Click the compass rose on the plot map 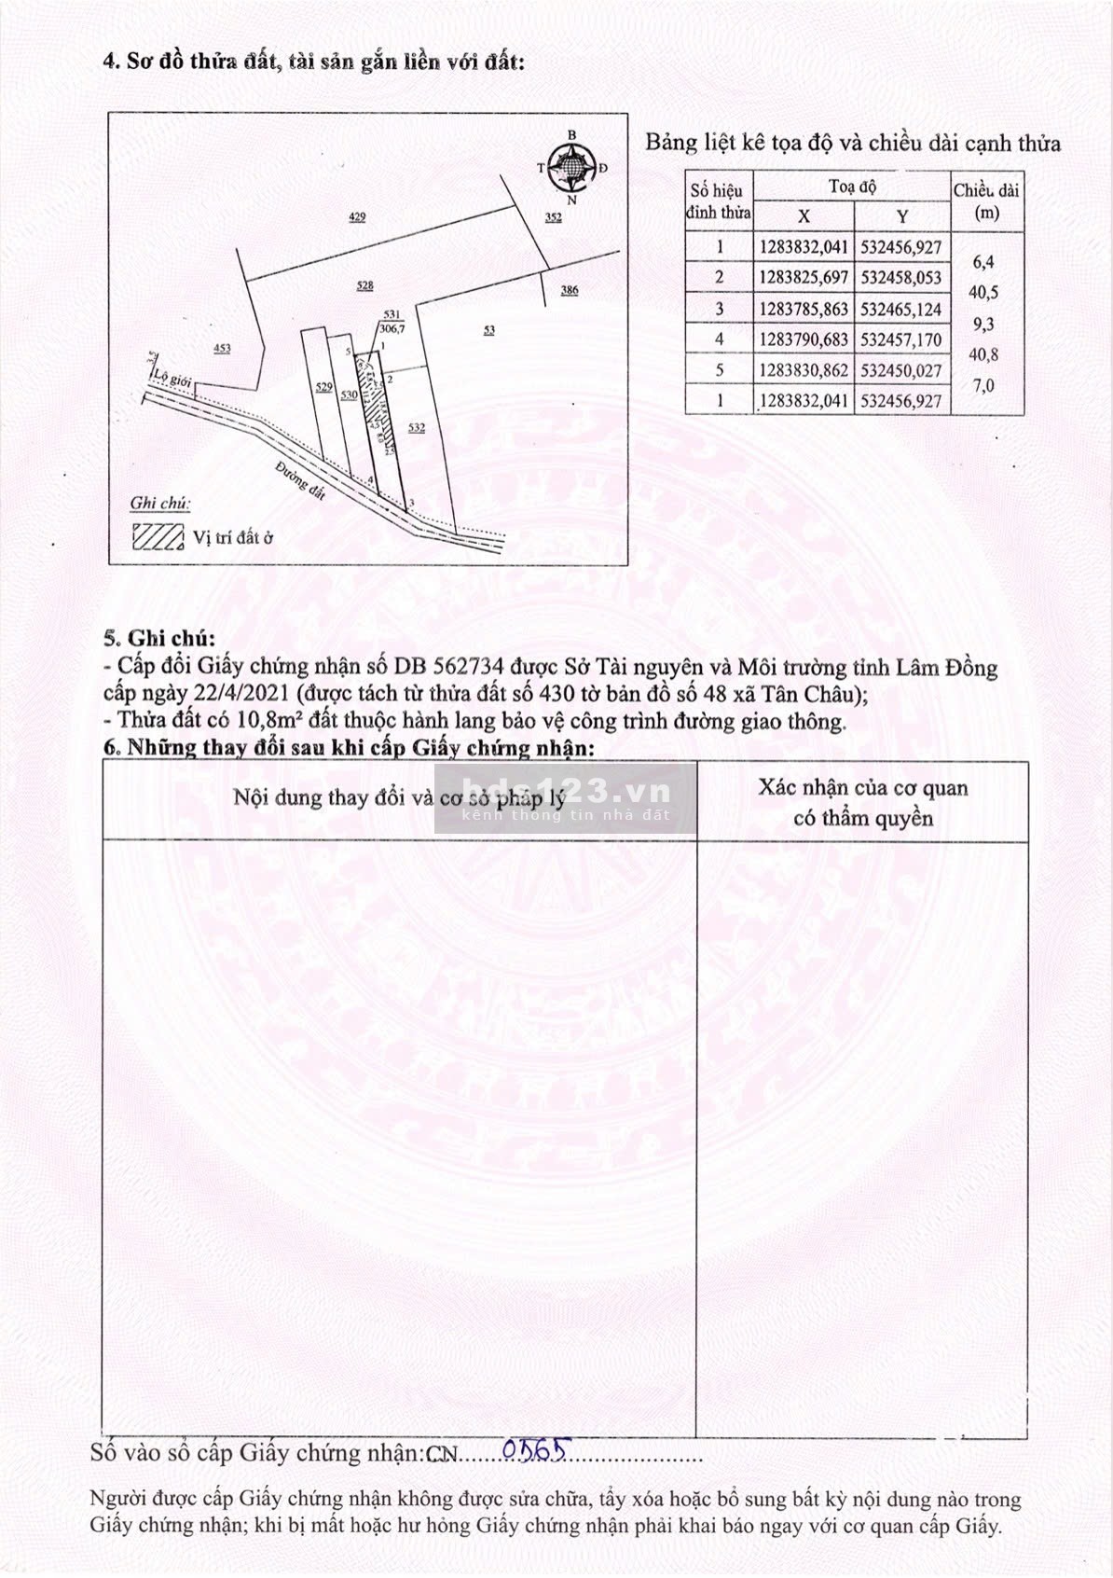coord(571,167)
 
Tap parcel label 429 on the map coord(357,216)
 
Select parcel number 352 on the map coord(554,218)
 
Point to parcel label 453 coord(222,348)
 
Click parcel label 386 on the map coord(570,290)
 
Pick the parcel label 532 coord(417,427)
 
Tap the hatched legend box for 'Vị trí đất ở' coord(157,536)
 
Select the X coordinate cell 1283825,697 coord(804,278)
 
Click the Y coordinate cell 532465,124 coord(901,309)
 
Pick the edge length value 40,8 coord(983,354)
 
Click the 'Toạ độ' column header coord(852,187)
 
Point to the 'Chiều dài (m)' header coord(986,201)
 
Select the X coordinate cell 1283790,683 coord(804,339)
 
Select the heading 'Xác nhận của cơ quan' coord(862,788)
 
